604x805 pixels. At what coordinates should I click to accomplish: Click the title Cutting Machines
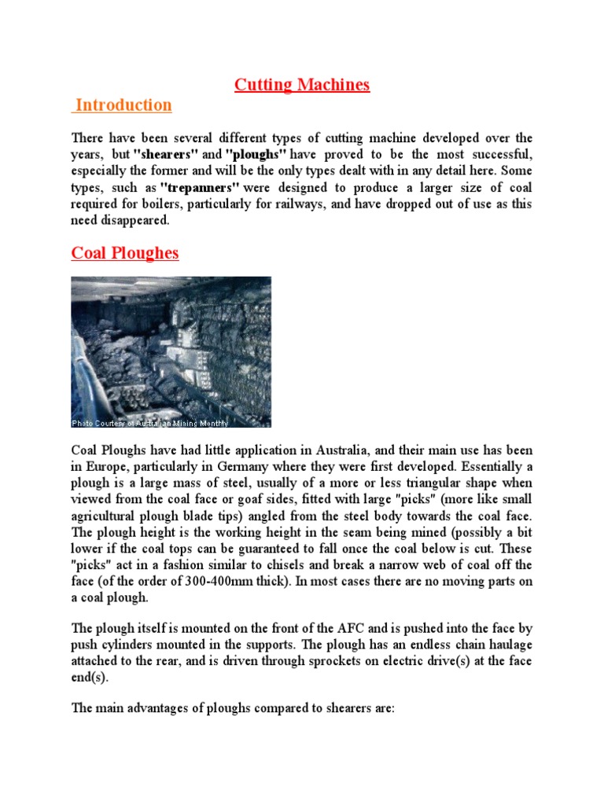coord(302,85)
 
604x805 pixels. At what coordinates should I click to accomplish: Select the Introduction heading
coord(123,105)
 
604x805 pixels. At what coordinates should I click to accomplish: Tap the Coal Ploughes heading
coord(125,253)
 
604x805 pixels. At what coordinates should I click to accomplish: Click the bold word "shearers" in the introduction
coord(168,155)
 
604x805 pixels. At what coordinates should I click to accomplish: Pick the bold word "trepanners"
coord(200,188)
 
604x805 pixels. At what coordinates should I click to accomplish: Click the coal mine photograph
coord(171,351)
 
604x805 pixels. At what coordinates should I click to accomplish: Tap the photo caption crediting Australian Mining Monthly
coord(150,423)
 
